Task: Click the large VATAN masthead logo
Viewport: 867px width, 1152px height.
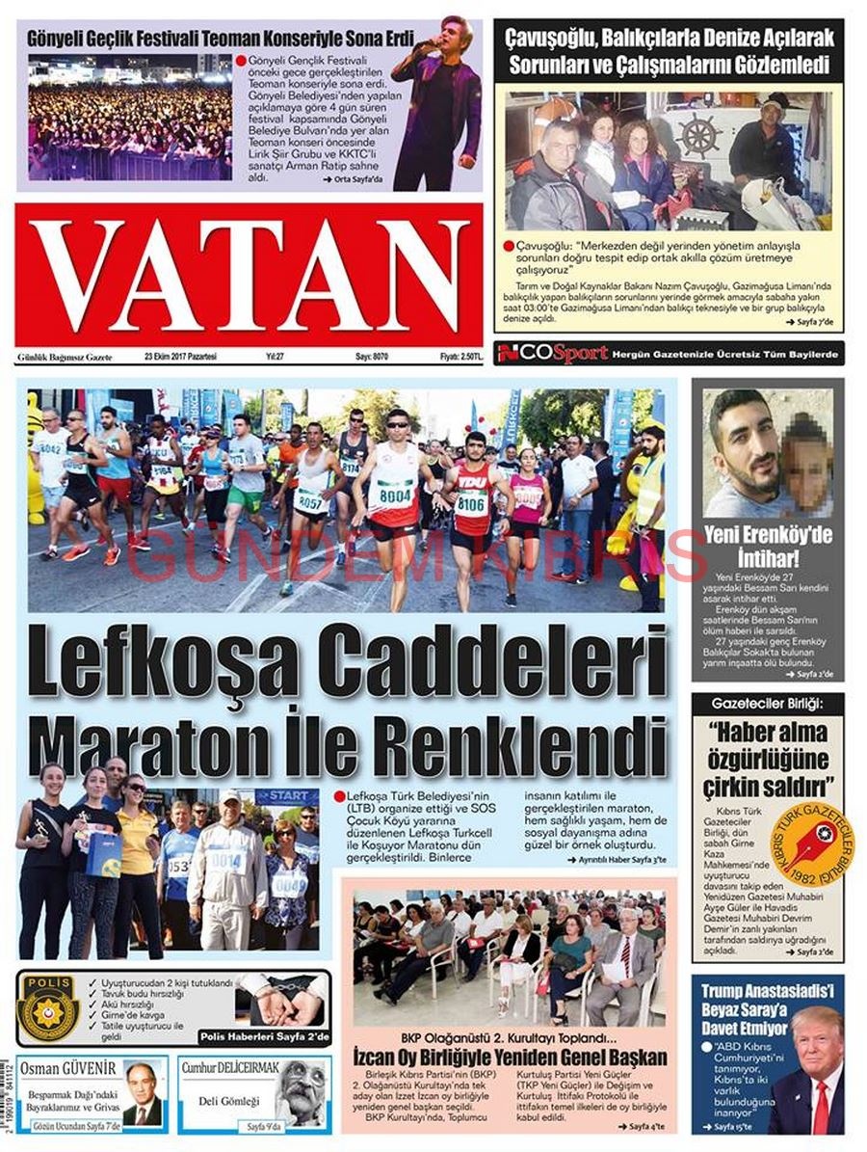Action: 249,275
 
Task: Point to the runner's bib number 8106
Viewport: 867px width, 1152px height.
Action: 472,503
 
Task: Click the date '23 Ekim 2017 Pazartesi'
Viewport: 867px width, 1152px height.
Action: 180,357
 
